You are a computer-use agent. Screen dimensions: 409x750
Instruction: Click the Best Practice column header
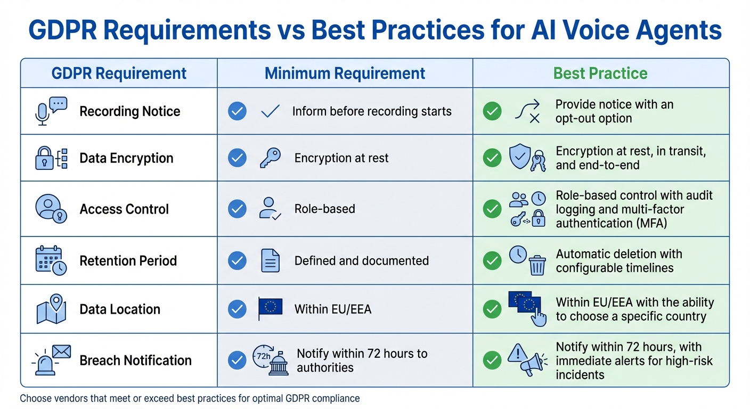point(600,73)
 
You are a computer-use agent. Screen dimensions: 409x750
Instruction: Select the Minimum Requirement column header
point(345,73)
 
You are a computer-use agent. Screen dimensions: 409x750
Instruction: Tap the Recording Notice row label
point(129,111)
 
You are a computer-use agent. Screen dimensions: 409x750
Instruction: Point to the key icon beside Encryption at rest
point(270,158)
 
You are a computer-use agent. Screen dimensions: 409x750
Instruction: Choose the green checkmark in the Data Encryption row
point(492,158)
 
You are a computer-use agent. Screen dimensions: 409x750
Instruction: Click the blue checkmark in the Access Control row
point(237,209)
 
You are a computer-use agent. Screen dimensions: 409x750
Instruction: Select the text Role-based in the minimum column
point(324,209)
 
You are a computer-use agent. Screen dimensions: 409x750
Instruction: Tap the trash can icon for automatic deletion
point(537,265)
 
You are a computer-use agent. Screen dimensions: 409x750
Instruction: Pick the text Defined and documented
point(361,261)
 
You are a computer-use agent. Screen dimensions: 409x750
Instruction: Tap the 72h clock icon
point(262,355)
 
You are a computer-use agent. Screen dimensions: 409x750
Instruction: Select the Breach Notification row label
point(135,361)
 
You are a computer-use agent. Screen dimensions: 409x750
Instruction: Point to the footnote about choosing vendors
point(190,398)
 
